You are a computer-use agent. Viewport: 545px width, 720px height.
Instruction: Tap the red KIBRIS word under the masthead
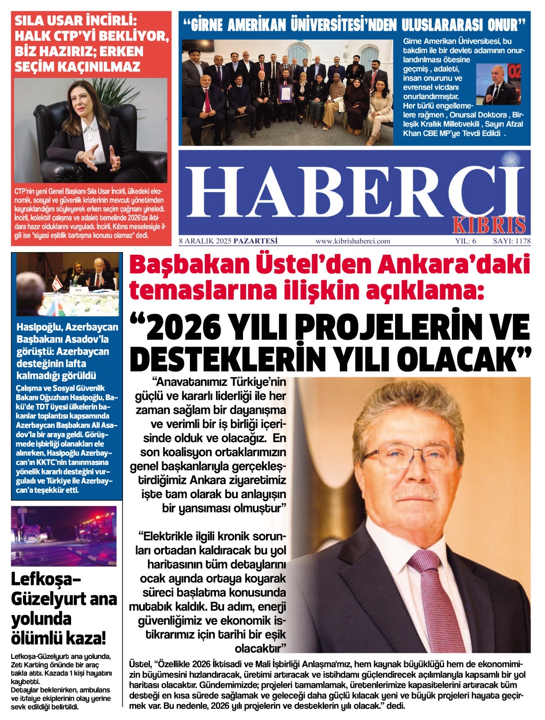click(488, 225)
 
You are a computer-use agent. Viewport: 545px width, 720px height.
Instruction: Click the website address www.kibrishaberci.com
click(353, 241)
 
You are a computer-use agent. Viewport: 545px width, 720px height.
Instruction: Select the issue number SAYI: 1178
click(511, 241)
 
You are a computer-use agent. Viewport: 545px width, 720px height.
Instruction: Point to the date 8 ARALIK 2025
click(205, 241)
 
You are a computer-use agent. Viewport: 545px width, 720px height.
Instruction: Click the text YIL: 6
click(465, 241)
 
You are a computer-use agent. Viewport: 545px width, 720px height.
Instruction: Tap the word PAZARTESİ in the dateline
click(256, 241)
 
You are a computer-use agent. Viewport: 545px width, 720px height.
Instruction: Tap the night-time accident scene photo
click(63, 535)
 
